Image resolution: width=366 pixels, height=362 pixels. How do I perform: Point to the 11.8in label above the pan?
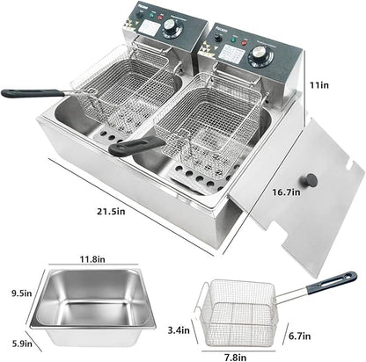(x=89, y=260)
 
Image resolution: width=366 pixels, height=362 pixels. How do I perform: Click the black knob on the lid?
(x=310, y=181)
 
